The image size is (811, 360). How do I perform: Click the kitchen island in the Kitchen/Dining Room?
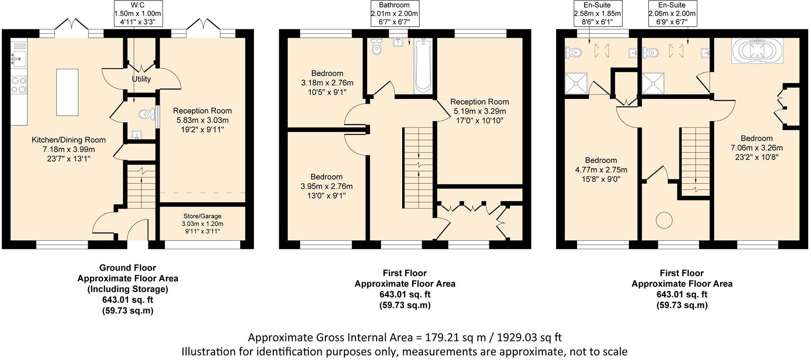tap(67, 92)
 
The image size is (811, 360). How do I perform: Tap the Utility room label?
tap(141, 79)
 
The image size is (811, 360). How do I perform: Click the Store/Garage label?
tap(202, 224)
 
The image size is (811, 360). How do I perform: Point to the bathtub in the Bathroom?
tap(423, 66)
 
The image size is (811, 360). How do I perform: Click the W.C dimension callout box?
tap(138, 14)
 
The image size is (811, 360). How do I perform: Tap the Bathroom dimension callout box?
tap(394, 14)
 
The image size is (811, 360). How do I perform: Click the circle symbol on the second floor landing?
tap(664, 220)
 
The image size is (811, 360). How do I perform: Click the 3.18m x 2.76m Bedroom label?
tap(327, 82)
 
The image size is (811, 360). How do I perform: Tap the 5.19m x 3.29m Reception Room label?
tap(479, 111)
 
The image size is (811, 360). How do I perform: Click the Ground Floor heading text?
tap(127, 268)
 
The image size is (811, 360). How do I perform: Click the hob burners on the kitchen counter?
tap(19, 85)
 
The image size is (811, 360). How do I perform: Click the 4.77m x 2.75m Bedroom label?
tap(601, 170)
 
